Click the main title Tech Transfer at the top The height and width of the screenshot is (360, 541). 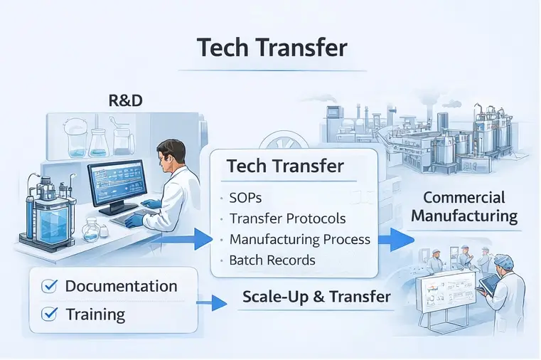click(x=272, y=48)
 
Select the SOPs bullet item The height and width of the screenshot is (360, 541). click(x=246, y=197)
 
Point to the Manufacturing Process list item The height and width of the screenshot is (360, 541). click(x=299, y=239)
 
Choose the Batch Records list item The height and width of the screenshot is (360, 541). click(x=272, y=260)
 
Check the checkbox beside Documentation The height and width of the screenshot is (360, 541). click(x=49, y=286)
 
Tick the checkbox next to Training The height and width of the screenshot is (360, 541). click(x=49, y=313)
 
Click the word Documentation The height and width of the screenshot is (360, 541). click(x=121, y=286)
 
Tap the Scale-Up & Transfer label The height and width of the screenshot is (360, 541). click(x=316, y=297)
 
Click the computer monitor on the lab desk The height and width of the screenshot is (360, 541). click(x=115, y=184)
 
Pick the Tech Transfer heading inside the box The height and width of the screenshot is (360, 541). click(x=285, y=166)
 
